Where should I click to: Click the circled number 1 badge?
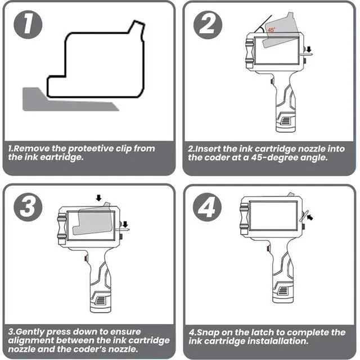[x=28, y=24]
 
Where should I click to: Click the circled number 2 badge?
[x=208, y=25]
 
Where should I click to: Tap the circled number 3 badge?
[x=28, y=207]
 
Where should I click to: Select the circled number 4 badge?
[x=208, y=207]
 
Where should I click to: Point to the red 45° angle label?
[x=271, y=30]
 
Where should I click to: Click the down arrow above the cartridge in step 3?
[x=99, y=197]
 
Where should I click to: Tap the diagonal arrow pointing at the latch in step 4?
[x=310, y=217]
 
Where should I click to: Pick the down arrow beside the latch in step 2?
[x=309, y=49]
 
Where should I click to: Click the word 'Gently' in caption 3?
[x=30, y=332]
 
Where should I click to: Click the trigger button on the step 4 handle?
[x=268, y=249]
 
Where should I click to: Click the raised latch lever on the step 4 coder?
[x=303, y=216]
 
